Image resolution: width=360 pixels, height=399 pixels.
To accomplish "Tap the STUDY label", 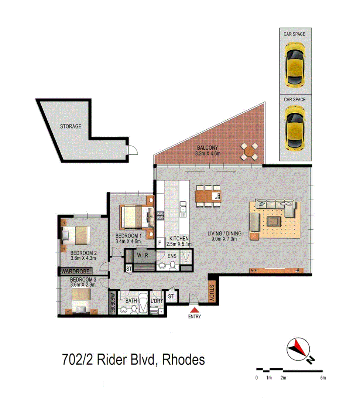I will [212, 293].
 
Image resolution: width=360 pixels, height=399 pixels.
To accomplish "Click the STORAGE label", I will [71, 126].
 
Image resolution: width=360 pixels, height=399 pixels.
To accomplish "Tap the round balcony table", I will [250, 151].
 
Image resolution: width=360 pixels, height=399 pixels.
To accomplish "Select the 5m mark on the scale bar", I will [323, 378].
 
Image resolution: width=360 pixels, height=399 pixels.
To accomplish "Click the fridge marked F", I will [160, 243].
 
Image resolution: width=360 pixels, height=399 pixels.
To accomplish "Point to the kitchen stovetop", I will [161, 216].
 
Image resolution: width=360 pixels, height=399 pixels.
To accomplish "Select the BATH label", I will [131, 301].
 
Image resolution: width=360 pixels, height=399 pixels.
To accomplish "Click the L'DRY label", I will [157, 301].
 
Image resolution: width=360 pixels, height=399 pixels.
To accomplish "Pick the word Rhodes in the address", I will [184, 359].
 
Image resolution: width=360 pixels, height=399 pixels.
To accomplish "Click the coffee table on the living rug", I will [273, 221].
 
